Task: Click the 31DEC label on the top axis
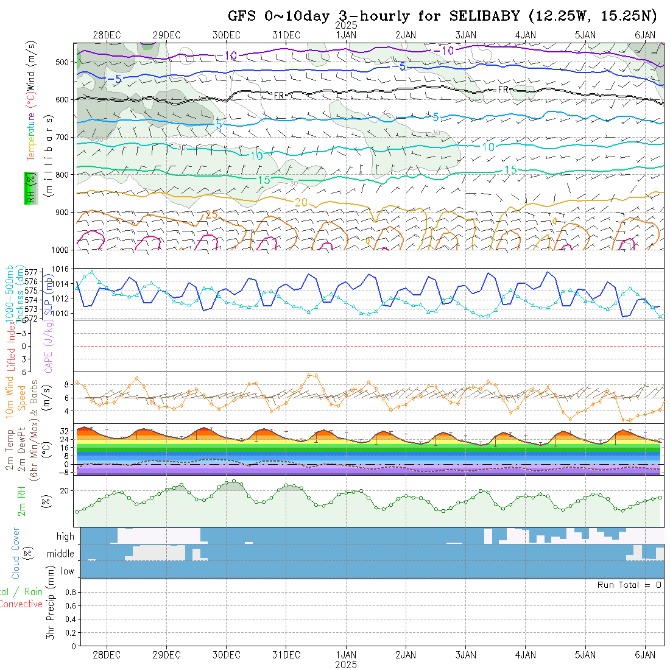(x=286, y=35)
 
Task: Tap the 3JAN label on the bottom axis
(x=466, y=655)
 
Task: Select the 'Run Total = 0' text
(x=629, y=585)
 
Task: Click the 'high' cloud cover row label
(x=65, y=537)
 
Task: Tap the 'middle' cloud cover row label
(x=61, y=554)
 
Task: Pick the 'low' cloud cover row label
(x=67, y=571)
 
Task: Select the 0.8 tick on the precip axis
(x=68, y=592)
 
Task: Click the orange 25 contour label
(x=211, y=214)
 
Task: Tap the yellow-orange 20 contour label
(x=301, y=202)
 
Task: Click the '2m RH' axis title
(x=22, y=501)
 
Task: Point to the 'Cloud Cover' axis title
(x=16, y=553)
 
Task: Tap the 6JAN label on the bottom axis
(x=645, y=655)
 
